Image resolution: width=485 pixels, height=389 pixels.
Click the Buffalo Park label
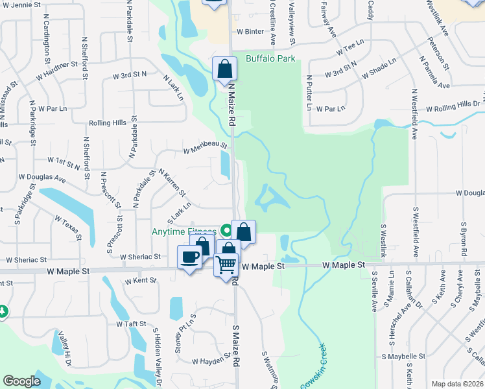click(x=270, y=59)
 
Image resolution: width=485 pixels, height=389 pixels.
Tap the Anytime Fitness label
click(x=183, y=231)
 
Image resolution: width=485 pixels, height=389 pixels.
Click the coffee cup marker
click(x=189, y=257)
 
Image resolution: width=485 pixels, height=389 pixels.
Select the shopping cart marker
click(x=226, y=265)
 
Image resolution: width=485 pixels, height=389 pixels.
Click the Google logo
click(x=22, y=382)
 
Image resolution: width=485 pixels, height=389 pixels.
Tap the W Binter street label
click(x=250, y=31)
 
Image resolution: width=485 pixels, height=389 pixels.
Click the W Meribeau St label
click(x=205, y=148)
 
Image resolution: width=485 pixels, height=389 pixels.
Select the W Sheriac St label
click(x=139, y=257)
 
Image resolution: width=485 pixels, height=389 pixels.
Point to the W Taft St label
click(x=132, y=324)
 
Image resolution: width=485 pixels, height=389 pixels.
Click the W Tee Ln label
click(x=351, y=51)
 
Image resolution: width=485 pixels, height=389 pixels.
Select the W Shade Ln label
click(x=379, y=68)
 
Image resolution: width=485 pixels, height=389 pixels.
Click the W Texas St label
click(x=67, y=228)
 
